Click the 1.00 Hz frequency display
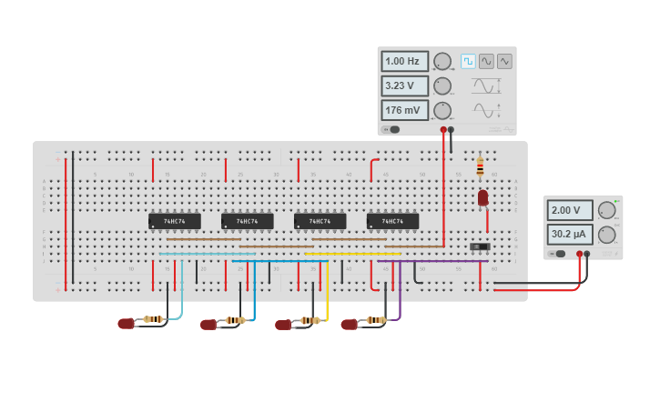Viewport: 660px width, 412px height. (x=404, y=62)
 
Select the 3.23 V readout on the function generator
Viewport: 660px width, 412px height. (x=404, y=86)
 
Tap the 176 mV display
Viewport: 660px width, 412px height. (x=404, y=110)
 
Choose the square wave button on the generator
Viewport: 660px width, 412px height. (x=468, y=61)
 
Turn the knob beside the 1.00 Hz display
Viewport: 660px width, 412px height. (x=442, y=62)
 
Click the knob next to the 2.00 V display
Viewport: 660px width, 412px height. (x=606, y=210)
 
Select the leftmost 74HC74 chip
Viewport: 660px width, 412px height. (x=175, y=221)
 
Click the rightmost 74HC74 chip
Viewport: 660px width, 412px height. (x=392, y=221)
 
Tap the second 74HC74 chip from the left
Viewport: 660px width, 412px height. (x=247, y=221)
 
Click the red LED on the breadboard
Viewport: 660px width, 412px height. (x=482, y=196)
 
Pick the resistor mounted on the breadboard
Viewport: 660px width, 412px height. (x=481, y=167)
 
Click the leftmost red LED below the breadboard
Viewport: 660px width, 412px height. (x=127, y=323)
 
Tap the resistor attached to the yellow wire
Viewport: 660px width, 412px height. (x=310, y=320)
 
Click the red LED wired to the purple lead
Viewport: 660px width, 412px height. (x=350, y=324)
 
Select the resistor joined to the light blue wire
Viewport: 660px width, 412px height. (x=154, y=319)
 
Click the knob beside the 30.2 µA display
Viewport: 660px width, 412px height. (x=606, y=235)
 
